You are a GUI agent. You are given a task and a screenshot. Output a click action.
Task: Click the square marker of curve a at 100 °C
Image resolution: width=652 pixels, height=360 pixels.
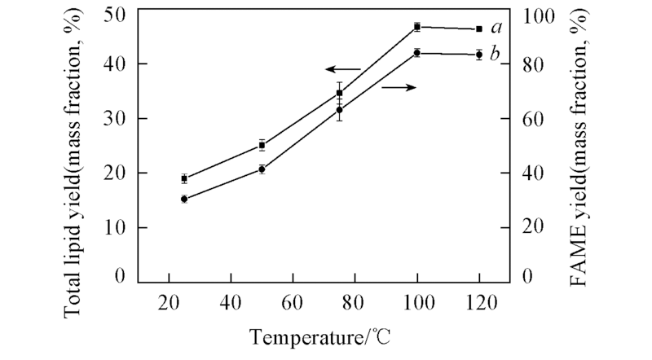click(417, 27)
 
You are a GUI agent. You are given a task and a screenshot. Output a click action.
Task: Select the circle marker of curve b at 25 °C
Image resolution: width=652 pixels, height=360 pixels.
click(184, 199)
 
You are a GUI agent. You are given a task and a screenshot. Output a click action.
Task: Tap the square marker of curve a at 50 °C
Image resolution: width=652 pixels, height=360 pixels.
click(262, 145)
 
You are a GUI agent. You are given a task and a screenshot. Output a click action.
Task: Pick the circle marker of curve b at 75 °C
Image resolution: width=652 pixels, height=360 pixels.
click(340, 110)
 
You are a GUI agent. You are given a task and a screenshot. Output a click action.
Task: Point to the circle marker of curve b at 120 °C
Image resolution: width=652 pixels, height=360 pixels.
click(479, 55)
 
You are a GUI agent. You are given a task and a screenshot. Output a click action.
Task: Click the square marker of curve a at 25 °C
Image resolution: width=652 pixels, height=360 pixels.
click(184, 178)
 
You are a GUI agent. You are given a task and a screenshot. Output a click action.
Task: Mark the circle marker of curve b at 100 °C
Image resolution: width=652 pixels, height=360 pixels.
click(417, 53)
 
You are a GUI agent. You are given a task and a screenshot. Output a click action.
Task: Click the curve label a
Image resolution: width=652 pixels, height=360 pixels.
click(496, 29)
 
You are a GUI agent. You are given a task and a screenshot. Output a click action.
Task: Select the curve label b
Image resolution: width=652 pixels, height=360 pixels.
click(496, 55)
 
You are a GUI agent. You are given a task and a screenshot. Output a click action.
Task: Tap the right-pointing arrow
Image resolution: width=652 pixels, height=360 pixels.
click(399, 86)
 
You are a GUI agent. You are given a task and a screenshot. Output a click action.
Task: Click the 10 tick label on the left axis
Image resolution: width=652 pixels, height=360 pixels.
click(115, 228)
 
